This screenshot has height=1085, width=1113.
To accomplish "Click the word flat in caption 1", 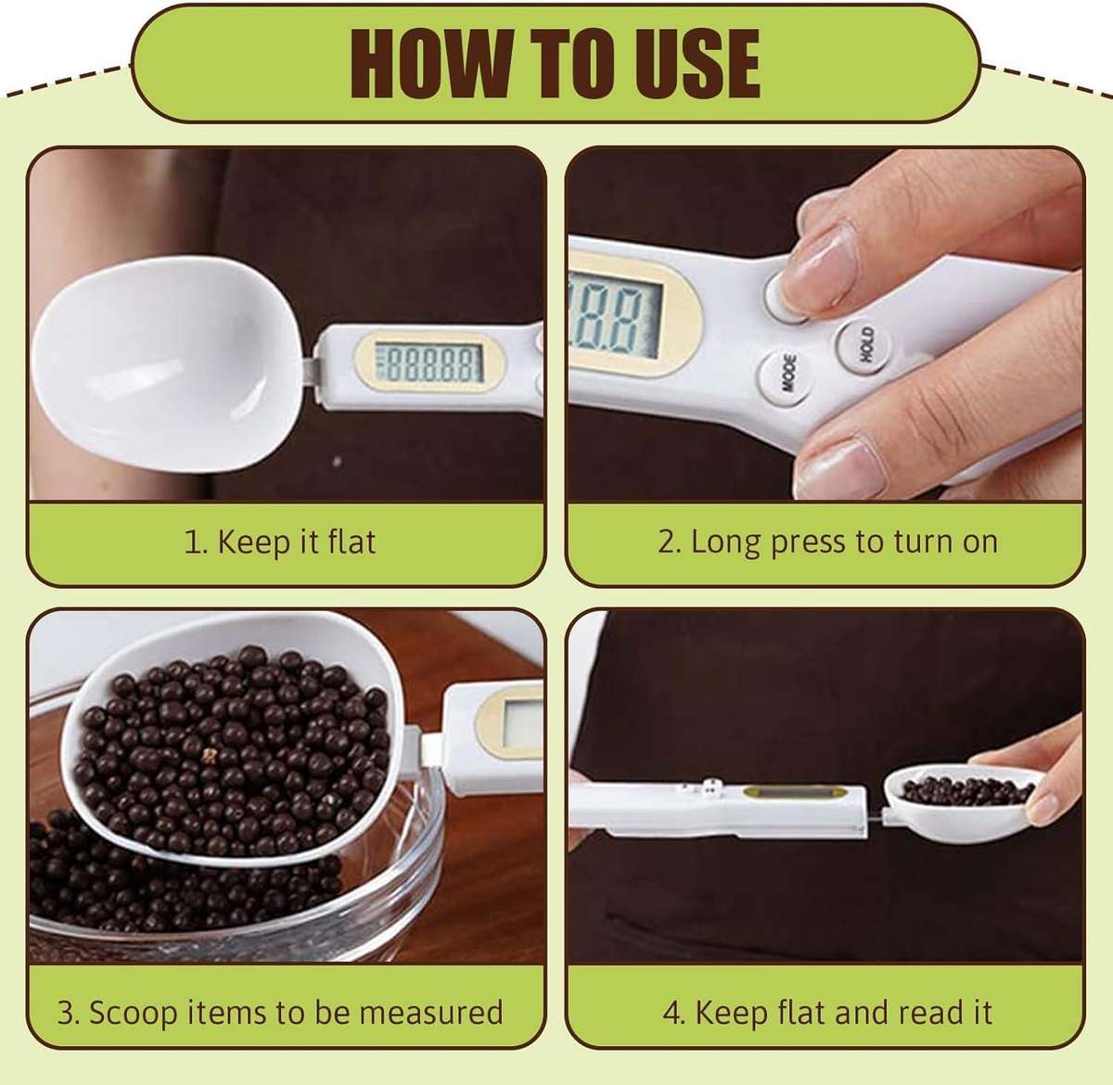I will tap(352, 542).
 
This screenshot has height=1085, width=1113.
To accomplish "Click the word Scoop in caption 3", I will tap(131, 1011).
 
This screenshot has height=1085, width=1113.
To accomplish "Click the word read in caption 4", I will tap(912, 1011).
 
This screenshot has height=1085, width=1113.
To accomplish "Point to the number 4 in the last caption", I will tap(672, 1011).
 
